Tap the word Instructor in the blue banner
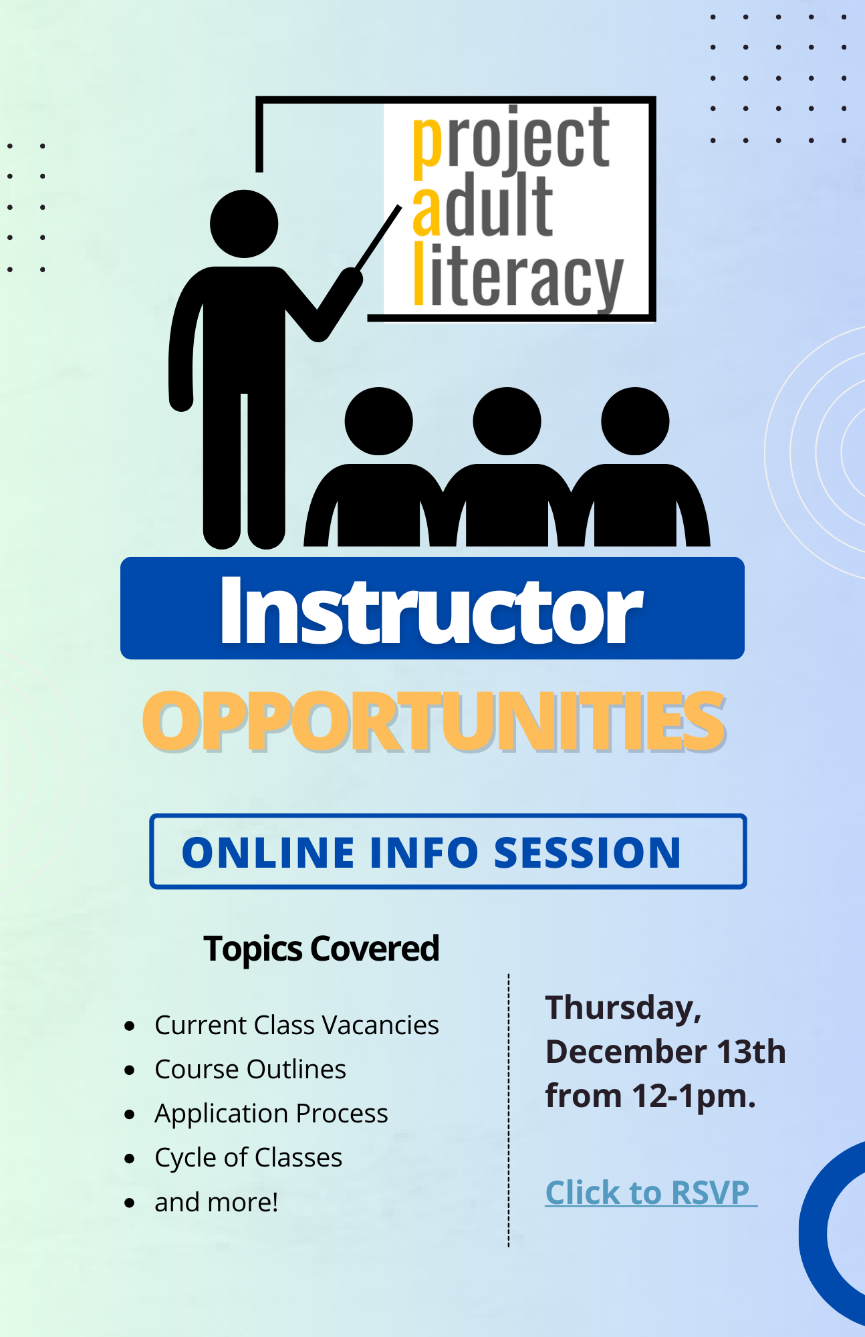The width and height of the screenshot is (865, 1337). (x=432, y=610)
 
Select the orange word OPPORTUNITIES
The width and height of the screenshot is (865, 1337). (x=434, y=721)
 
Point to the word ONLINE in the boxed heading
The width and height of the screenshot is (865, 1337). (x=268, y=852)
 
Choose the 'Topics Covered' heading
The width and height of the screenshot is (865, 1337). (x=321, y=949)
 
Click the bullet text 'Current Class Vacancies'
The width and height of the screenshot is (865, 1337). (x=297, y=1025)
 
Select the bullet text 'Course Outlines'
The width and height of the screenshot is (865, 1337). (x=250, y=1069)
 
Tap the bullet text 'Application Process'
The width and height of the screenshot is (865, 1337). (x=271, y=1114)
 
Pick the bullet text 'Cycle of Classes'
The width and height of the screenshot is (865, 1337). (x=248, y=1158)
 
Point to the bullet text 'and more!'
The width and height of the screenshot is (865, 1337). (x=216, y=1202)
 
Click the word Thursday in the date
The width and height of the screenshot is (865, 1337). (x=622, y=1007)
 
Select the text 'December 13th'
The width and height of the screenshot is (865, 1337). (x=666, y=1052)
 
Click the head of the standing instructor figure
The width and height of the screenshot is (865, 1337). (x=244, y=224)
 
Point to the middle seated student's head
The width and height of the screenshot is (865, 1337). (x=507, y=421)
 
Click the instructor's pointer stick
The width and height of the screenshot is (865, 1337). (x=378, y=238)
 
